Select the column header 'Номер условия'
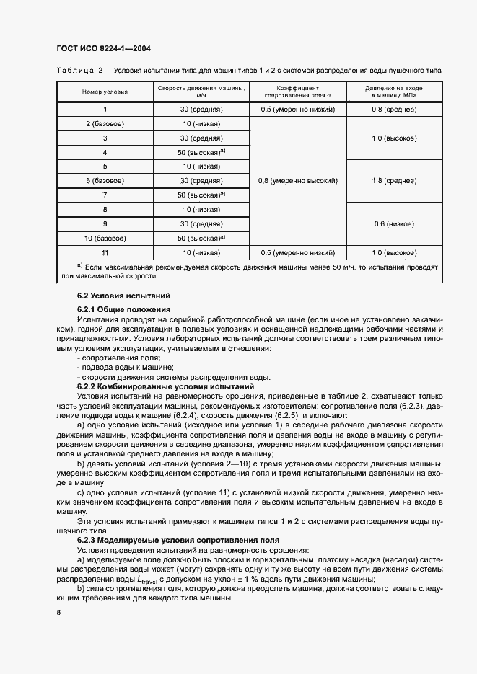[x=105, y=91]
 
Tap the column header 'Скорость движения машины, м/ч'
[x=201, y=91]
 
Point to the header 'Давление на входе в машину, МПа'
[x=393, y=91]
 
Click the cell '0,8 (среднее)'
[x=393, y=109]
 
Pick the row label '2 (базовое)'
[x=105, y=124]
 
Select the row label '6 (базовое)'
[x=105, y=180]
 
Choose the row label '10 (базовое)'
[x=105, y=237]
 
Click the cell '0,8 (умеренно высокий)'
[x=298, y=180]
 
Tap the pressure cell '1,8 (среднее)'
[x=393, y=180]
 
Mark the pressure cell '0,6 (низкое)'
[x=393, y=223]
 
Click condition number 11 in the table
[x=105, y=252]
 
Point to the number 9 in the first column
[x=105, y=223]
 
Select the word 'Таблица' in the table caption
[x=75, y=70]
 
